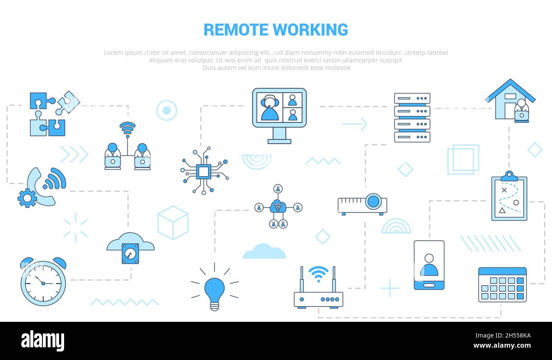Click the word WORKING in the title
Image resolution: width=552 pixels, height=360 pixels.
pyautogui.click(x=310, y=30)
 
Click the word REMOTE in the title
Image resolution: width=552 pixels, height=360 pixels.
pyautogui.click(x=236, y=30)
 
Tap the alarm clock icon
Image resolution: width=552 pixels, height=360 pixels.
pyautogui.click(x=43, y=281)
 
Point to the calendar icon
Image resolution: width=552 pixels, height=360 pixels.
pyautogui.click(x=502, y=284)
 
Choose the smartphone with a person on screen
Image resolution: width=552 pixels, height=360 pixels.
pyautogui.click(x=429, y=265)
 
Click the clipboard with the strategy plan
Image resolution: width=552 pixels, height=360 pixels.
pyautogui.click(x=509, y=196)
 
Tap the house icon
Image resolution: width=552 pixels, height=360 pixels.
pyautogui.click(x=510, y=101)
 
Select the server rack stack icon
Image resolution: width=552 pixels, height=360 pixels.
pyautogui.click(x=412, y=118)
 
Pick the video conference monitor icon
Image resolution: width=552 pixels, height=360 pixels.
pyautogui.click(x=279, y=116)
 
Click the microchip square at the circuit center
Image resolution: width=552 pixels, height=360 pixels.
pyautogui.click(x=203, y=172)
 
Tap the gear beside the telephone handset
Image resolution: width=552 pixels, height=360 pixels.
pyautogui.click(x=27, y=198)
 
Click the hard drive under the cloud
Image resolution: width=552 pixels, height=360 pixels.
pyautogui.click(x=130, y=253)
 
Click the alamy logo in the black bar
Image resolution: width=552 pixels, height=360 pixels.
pyautogui.click(x=42, y=341)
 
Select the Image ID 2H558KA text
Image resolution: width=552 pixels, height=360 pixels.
pyautogui.click(x=503, y=335)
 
